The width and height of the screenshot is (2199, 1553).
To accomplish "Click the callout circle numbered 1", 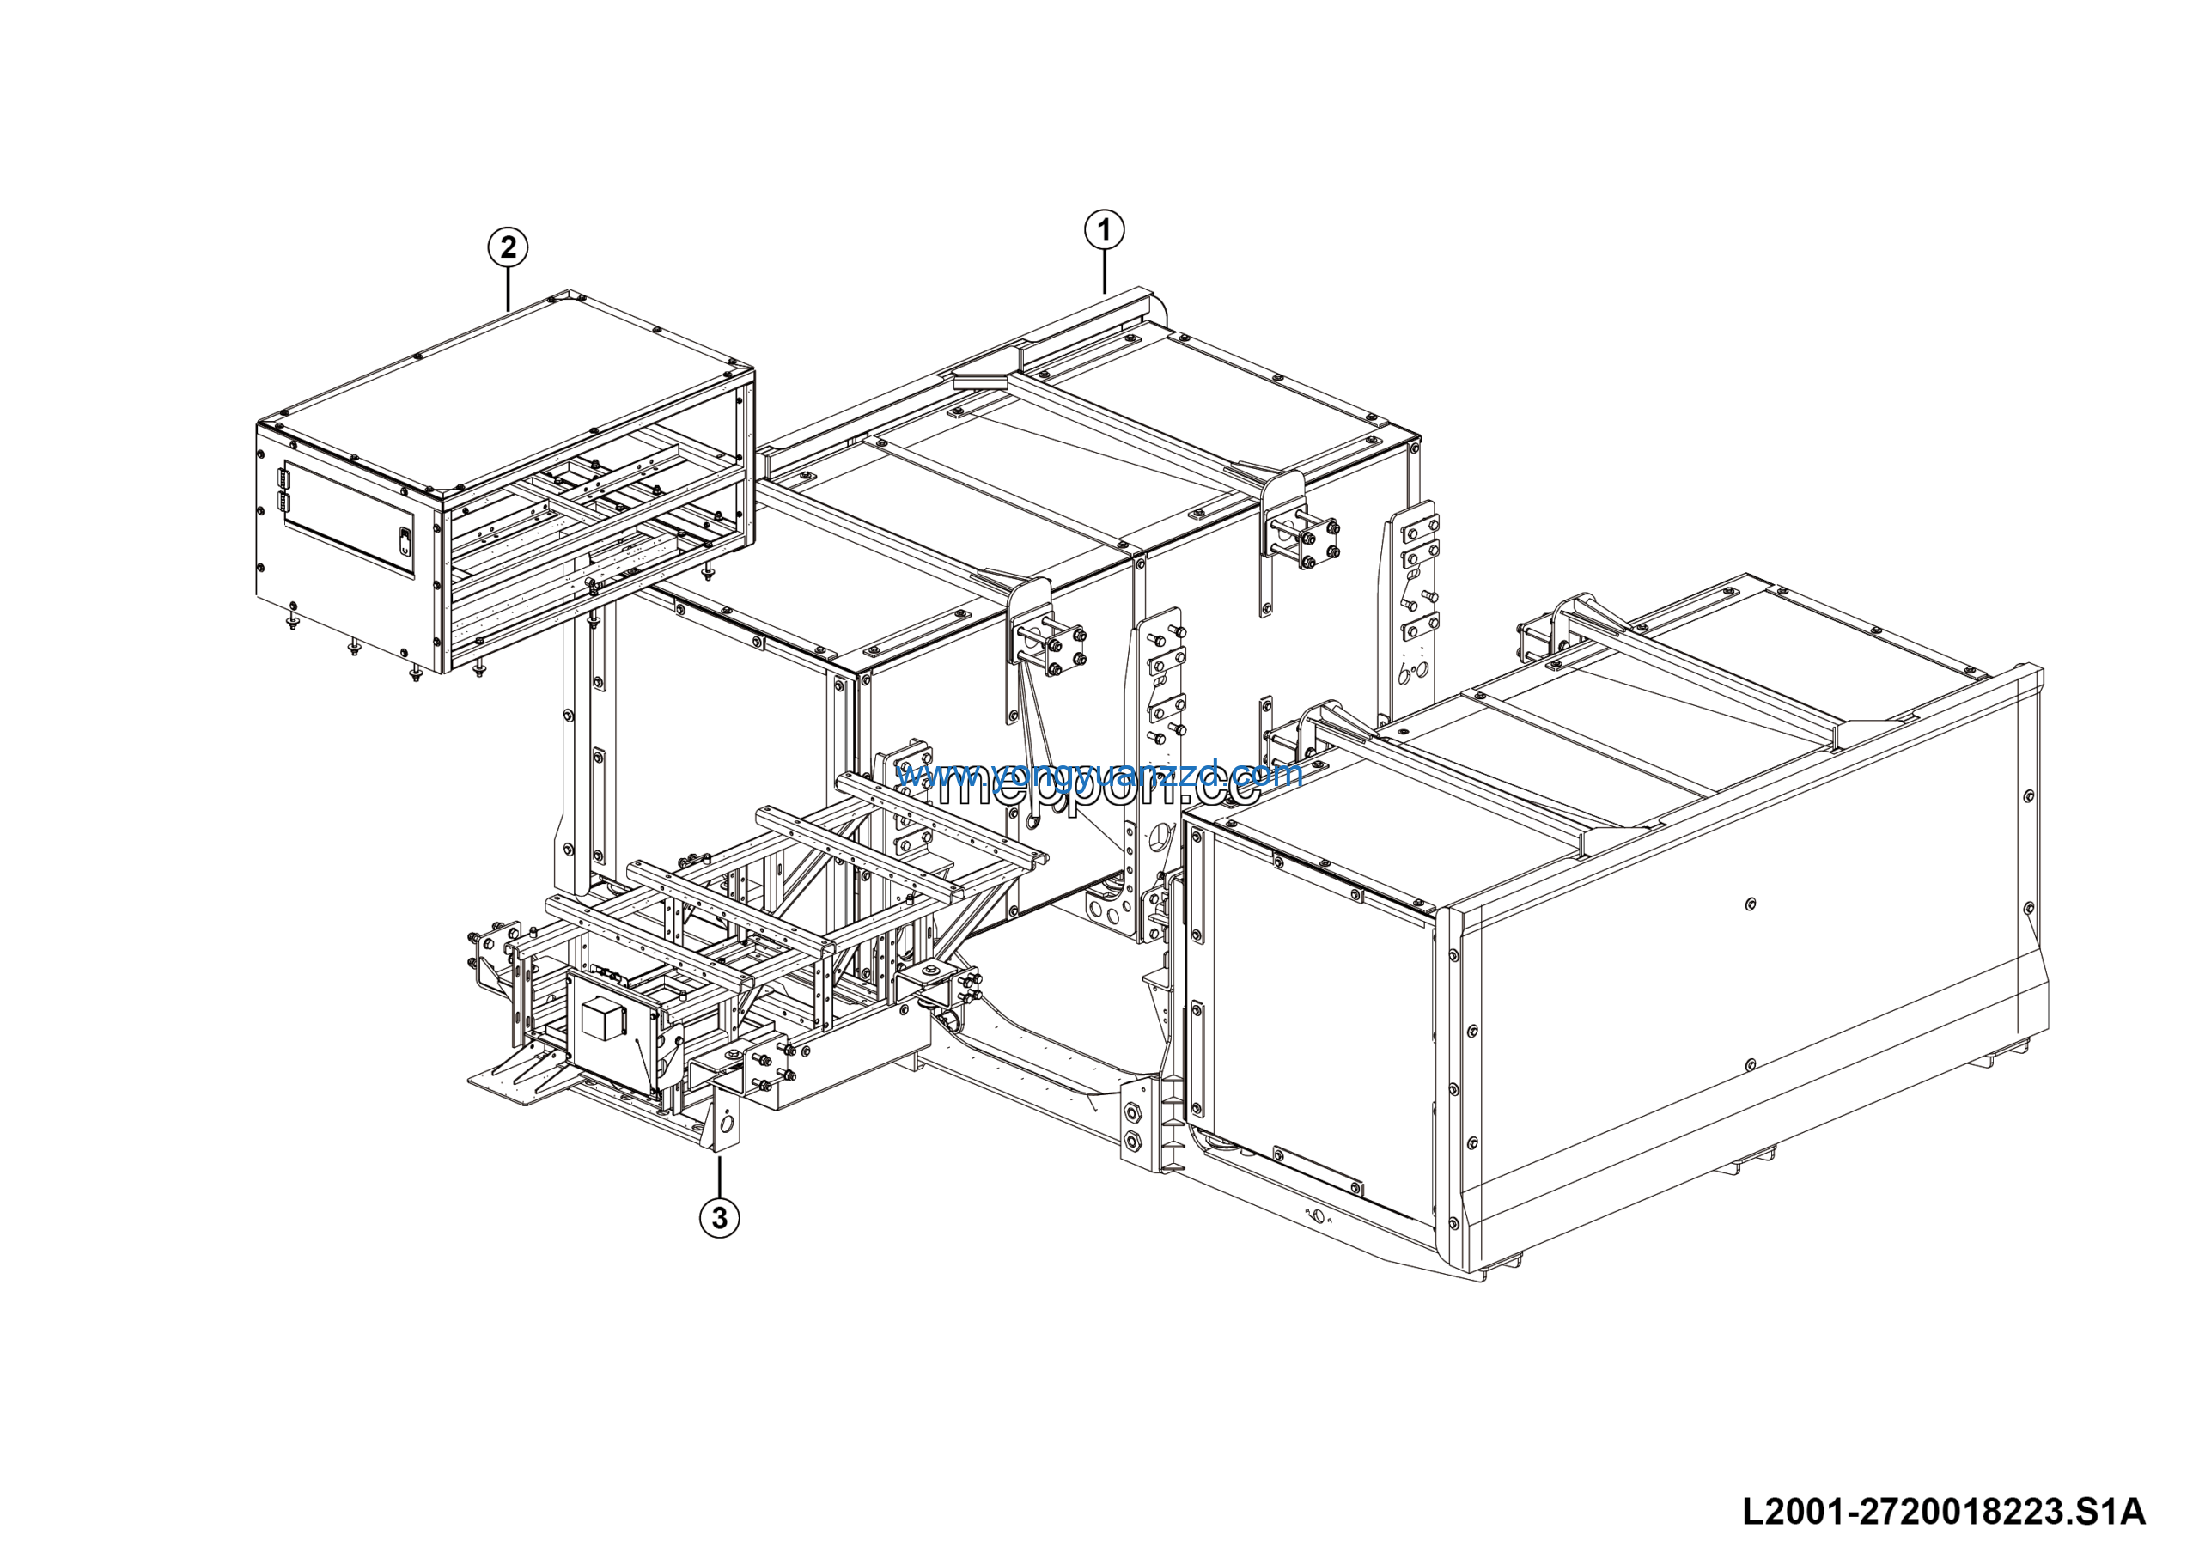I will pos(1105,230).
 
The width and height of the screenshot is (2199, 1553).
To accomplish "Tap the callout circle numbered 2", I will pos(508,247).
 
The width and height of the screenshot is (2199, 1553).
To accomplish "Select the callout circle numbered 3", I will pos(719,1218).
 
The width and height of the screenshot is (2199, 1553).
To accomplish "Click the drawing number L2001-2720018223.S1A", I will pos(1943,1511).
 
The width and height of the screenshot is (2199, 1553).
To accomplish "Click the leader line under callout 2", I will pos(508,287).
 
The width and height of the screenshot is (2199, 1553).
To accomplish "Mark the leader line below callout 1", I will pos(1105,272).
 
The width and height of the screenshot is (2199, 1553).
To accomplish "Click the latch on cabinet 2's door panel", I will pos(405,542).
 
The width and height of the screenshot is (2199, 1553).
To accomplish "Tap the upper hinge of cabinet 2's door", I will pos(283,476).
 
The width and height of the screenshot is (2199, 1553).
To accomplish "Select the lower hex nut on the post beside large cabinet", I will pos(1131,1141).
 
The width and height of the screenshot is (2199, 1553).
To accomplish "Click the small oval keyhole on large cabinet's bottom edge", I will pos(1317,1215).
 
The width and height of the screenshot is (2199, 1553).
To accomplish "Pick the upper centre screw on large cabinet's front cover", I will pos(1751,904).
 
